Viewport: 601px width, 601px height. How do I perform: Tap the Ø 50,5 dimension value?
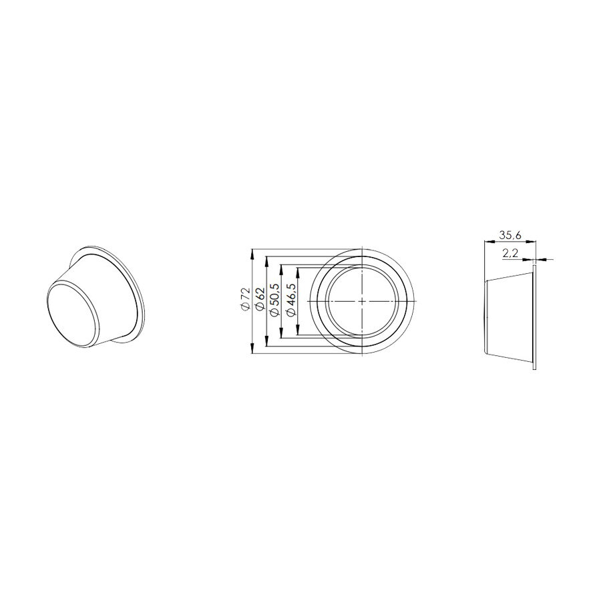274,300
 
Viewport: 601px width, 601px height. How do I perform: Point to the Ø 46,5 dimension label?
291,300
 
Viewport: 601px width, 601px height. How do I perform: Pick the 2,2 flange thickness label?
510,252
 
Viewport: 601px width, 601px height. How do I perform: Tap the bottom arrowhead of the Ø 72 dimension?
252,348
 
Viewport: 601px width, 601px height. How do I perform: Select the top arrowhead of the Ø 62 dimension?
266,262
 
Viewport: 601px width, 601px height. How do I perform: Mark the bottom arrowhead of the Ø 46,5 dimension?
298,330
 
